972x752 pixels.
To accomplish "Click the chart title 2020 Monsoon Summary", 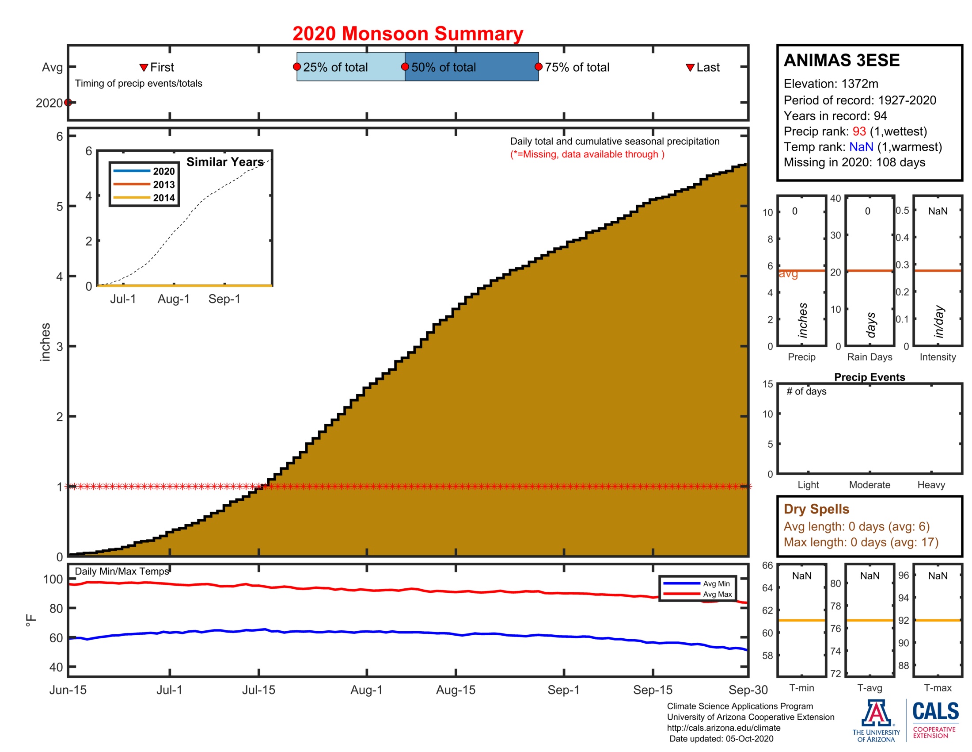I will [x=407, y=34].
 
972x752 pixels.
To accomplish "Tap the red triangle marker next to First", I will [x=143, y=67].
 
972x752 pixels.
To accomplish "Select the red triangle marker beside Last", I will [x=690, y=67].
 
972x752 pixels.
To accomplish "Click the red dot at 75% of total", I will [x=538, y=67].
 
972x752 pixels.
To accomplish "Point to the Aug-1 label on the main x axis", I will [x=366, y=690].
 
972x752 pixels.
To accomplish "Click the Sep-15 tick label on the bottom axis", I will [x=653, y=690].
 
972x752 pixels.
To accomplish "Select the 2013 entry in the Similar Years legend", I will [x=164, y=184].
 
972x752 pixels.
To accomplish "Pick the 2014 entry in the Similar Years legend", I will [x=164, y=198].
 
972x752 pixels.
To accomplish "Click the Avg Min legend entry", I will [x=716, y=583].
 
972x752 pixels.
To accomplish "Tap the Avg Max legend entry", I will [x=717, y=594].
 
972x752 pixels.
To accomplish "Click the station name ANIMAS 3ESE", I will [x=841, y=60].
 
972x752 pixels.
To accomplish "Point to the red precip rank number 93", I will [x=859, y=131].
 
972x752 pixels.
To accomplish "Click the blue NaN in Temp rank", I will [x=861, y=147].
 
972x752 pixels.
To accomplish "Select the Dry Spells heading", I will [x=816, y=509].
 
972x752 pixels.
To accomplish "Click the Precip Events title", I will [x=869, y=377].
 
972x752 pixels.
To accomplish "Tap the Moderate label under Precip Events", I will [x=869, y=485].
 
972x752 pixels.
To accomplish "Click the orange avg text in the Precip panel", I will [x=788, y=274].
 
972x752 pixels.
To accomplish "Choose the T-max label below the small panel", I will [x=937, y=688].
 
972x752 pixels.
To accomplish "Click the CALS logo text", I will [x=935, y=711].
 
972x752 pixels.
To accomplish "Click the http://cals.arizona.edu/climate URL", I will [x=723, y=728].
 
